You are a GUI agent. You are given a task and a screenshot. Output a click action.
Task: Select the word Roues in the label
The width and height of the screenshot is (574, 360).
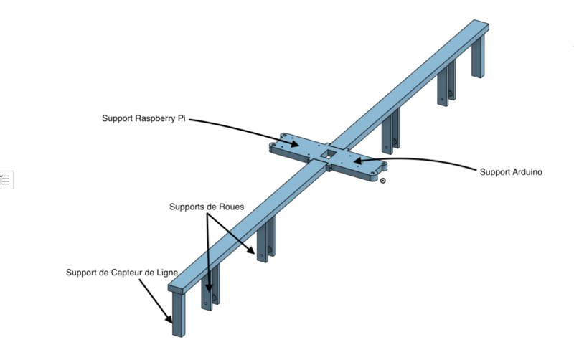click(231, 207)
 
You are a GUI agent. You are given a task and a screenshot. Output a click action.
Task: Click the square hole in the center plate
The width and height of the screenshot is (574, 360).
click(327, 152)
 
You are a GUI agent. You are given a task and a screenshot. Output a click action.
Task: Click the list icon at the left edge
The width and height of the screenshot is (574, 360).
click(6, 179)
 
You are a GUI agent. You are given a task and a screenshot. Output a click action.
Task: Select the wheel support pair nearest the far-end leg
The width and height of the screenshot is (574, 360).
click(446, 85)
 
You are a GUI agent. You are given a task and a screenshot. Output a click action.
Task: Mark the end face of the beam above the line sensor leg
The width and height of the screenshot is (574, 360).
click(177, 289)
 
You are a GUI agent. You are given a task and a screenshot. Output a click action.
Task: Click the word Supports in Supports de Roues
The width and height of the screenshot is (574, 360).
click(187, 207)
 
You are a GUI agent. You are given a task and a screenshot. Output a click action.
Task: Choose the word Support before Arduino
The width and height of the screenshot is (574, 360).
click(493, 172)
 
